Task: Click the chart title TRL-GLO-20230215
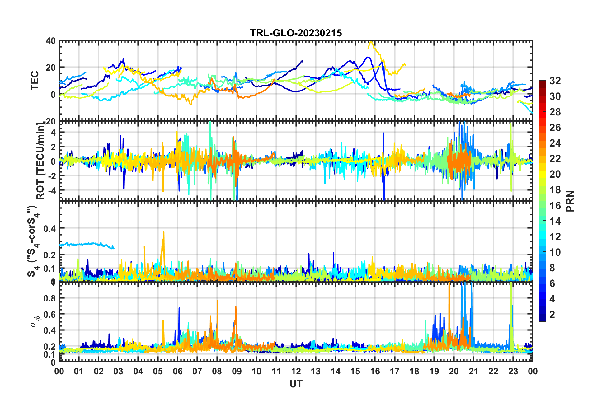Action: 296,33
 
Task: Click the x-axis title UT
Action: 296,384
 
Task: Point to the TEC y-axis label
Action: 35,80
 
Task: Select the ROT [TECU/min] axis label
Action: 40,161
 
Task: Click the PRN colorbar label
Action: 570,201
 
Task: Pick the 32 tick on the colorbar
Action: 555,81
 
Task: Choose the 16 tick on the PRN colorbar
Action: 555,205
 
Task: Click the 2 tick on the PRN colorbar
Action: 552,314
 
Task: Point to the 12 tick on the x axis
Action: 296,371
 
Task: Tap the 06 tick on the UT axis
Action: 177,371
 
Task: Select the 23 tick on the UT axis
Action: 513,371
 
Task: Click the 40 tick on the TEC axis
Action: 51,41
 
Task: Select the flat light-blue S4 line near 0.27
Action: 87,244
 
